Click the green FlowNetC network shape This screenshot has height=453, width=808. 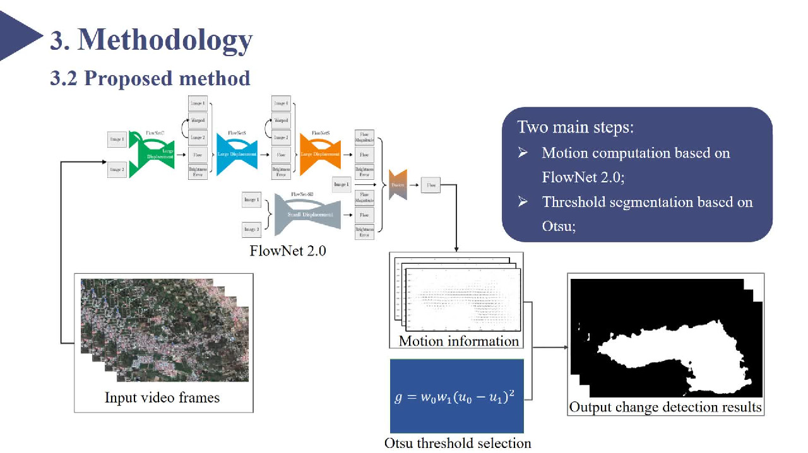151,155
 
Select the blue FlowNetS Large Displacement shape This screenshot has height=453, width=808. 237,154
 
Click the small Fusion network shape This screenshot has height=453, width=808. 398,185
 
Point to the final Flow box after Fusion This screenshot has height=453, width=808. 431,185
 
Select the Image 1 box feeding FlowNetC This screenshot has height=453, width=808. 117,139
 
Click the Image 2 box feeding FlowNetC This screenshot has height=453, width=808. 117,169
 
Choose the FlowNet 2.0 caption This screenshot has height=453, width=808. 288,250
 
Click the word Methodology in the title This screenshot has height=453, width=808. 165,40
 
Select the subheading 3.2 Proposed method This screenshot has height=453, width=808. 150,78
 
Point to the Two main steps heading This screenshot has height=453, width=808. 575,127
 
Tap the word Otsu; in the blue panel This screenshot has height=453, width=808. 559,226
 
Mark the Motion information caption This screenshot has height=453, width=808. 458,341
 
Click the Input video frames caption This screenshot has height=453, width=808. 162,397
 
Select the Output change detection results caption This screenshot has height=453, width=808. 665,407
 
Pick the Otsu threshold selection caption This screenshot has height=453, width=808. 458,443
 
